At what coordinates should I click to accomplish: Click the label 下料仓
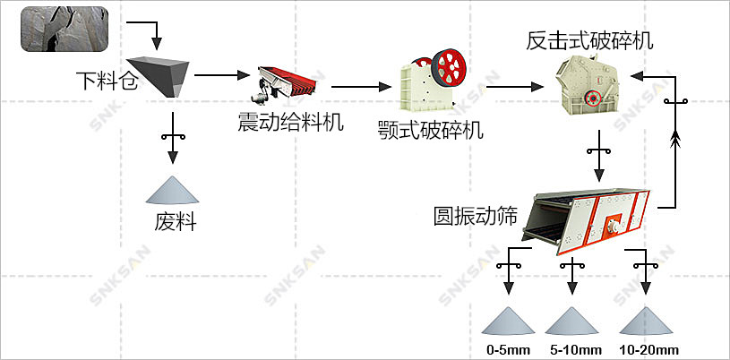tap(108, 83)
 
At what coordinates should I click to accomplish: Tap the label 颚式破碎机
tap(430, 130)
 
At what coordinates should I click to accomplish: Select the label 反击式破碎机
tap(589, 40)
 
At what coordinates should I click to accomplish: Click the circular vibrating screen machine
tap(587, 215)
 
